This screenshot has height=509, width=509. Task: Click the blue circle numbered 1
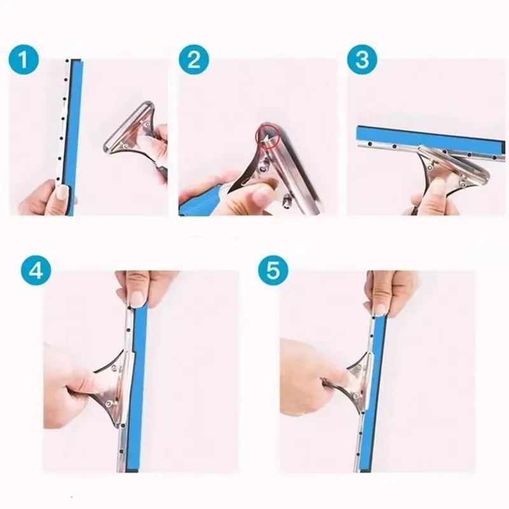[24, 60]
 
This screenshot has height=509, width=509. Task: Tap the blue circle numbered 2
[194, 60]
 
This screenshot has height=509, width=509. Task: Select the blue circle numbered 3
[362, 60]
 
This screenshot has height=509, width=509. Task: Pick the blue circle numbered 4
[36, 270]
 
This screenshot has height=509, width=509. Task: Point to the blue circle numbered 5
[273, 270]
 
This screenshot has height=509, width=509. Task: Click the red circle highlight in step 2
[269, 137]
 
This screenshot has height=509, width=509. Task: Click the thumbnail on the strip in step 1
[62, 192]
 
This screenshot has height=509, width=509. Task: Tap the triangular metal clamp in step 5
[360, 383]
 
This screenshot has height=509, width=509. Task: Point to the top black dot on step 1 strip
[67, 60]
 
